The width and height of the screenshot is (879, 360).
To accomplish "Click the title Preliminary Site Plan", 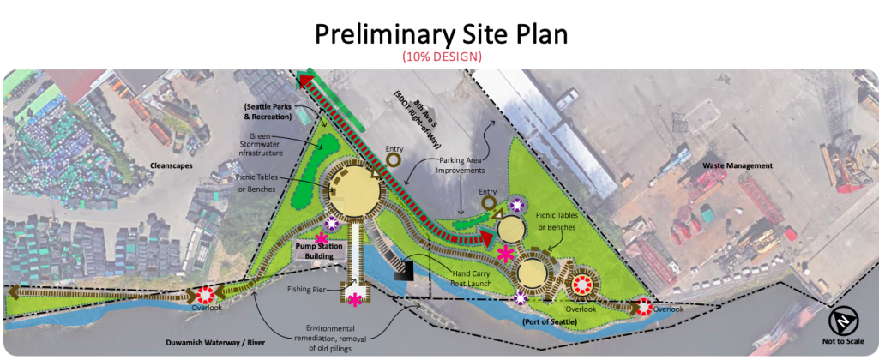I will point(441,33).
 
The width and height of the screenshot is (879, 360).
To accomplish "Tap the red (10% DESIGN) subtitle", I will point(441,57).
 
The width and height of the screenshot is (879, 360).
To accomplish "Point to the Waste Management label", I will point(737,165).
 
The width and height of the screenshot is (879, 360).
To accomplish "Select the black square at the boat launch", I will point(405,272).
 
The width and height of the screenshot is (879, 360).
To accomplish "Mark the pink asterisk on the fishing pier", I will point(355,299).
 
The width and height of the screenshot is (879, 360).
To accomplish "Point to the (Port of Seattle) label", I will point(548,321).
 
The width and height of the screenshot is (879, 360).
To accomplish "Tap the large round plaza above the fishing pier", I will point(353,189).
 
